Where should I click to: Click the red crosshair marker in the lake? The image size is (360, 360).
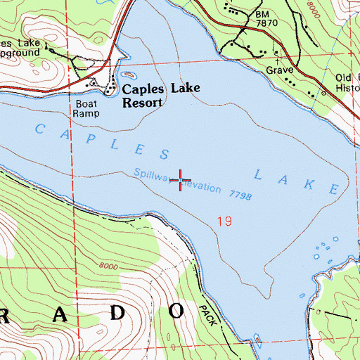pyautogui.click(x=180, y=181)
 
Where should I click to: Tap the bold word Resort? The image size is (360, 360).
pyautogui.click(x=143, y=102)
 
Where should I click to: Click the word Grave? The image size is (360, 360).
pyautogui.click(x=279, y=71)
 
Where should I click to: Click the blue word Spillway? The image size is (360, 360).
pyautogui.click(x=150, y=176)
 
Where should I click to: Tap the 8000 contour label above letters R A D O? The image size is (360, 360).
pyautogui.click(x=109, y=266)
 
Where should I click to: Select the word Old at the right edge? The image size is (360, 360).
pyautogui.click(x=345, y=77)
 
